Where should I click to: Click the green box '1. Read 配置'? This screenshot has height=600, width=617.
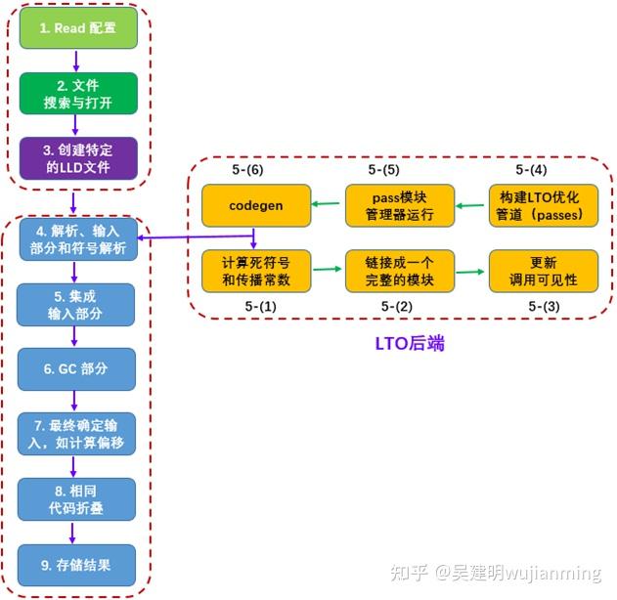tap(77, 28)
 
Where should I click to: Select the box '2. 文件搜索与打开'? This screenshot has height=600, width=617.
tap(77, 93)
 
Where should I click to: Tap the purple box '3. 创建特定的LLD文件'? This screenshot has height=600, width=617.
tap(77, 157)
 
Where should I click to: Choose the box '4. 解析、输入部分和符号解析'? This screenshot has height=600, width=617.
tap(77, 240)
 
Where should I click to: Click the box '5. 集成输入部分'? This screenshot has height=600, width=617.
tap(77, 304)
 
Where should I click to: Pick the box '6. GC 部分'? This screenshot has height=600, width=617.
tap(77, 368)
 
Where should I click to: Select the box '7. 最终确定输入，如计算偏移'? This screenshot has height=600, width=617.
tap(77, 433)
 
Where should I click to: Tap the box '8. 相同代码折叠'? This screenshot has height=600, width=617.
tap(77, 498)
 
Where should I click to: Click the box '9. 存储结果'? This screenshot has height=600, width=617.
tap(77, 564)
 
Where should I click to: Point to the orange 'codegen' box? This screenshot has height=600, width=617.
tap(256, 205)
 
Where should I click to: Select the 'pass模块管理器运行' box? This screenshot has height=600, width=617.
tap(400, 205)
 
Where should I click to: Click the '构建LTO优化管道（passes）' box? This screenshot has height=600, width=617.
tap(544, 205)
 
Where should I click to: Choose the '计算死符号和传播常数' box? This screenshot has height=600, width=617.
tap(256, 271)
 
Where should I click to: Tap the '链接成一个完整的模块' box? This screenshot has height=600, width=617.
tap(400, 271)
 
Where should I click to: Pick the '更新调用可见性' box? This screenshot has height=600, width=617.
tap(544, 271)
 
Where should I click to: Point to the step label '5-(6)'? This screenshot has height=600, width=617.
tap(248, 170)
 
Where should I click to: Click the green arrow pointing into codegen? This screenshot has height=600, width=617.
tap(328, 205)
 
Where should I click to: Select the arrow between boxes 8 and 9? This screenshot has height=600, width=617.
tap(77, 532)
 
